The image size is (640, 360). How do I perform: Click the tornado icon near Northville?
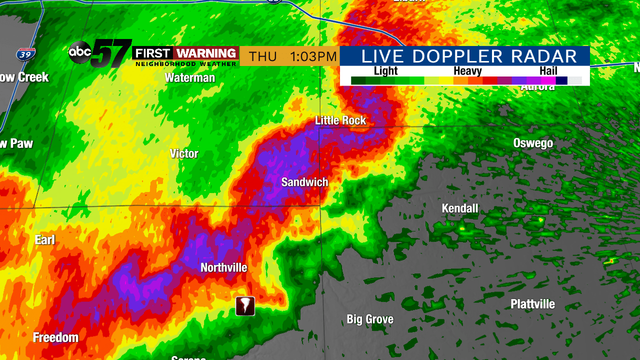245,306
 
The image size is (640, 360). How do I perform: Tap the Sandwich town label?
304,182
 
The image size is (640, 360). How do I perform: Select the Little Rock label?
340,120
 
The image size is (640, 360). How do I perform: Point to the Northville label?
224,267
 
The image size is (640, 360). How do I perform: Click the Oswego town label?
533,143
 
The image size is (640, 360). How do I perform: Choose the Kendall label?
460,208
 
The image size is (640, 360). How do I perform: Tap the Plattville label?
532,304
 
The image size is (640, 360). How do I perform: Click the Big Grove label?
370,319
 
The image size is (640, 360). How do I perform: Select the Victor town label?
184,153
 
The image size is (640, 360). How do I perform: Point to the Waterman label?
190,77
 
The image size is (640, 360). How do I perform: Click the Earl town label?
44,240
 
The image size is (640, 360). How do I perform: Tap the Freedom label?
55,337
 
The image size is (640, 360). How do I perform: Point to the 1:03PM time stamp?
314,56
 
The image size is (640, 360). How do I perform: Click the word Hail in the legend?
548,71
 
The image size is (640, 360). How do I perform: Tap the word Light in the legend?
386,71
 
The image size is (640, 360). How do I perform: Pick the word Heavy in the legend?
467,71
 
